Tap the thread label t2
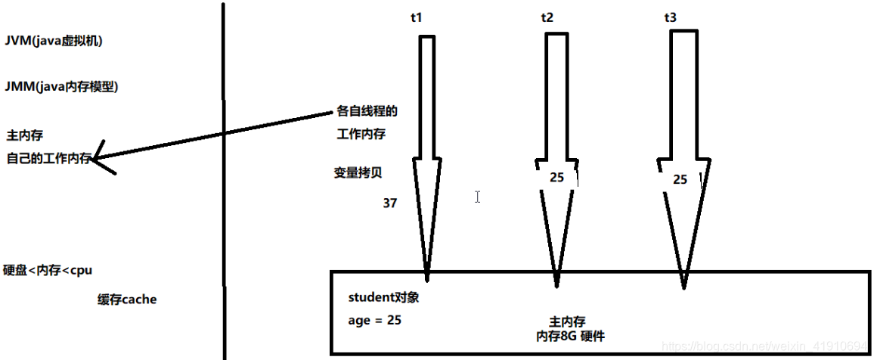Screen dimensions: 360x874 pos(547,17)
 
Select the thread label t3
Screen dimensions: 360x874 pos(670,17)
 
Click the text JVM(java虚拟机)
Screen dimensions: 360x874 pos(53,41)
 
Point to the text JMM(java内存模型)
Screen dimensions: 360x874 pos(61,86)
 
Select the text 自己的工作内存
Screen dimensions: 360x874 pos(48,158)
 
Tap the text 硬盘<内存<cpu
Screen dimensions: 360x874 pos(48,270)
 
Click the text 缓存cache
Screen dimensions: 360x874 pos(127,299)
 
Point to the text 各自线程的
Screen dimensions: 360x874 pos(366,112)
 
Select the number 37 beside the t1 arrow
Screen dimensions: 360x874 pos(390,203)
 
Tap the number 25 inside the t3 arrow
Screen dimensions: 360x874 pos(680,179)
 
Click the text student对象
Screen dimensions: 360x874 pos(383,297)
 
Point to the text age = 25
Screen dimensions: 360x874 pos(374,320)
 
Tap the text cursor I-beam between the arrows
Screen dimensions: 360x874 pos(478,197)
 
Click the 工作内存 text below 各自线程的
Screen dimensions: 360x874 pos(361,135)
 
